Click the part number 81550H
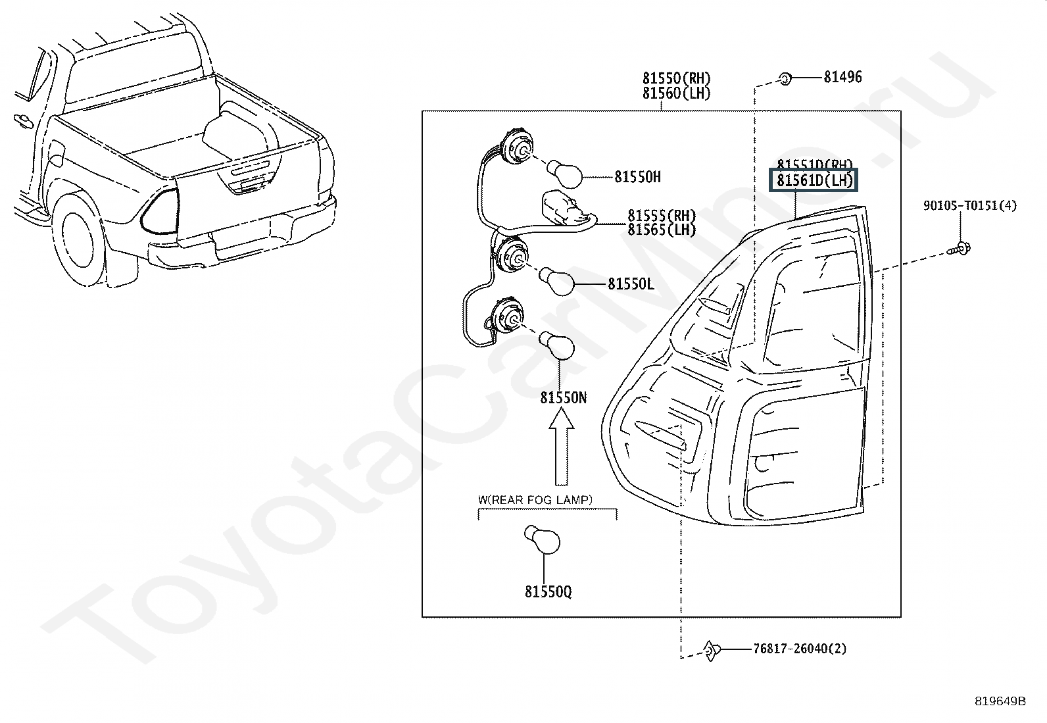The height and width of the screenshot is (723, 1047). tap(638, 176)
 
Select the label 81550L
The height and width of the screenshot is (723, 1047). tap(631, 284)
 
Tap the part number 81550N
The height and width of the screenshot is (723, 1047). tap(564, 397)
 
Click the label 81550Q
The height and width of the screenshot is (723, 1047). tap(548, 592)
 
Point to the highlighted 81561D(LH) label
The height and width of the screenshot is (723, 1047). tap(814, 180)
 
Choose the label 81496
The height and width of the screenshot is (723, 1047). tap(842, 77)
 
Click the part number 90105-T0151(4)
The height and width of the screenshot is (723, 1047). tap(969, 206)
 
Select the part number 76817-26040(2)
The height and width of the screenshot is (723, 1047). tap(800, 649)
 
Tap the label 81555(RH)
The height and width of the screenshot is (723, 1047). tap(662, 215)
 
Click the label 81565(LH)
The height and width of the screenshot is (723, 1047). tap(662, 230)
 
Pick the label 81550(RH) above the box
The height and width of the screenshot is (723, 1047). tap(677, 78)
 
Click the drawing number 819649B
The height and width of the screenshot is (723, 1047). tap(1000, 701)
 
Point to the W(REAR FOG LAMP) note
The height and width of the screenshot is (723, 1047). tap(535, 500)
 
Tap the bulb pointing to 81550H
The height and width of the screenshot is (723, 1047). tap(566, 174)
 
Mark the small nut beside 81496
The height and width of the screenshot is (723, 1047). tap(785, 79)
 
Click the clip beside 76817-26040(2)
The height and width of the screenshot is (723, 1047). tap(712, 649)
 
